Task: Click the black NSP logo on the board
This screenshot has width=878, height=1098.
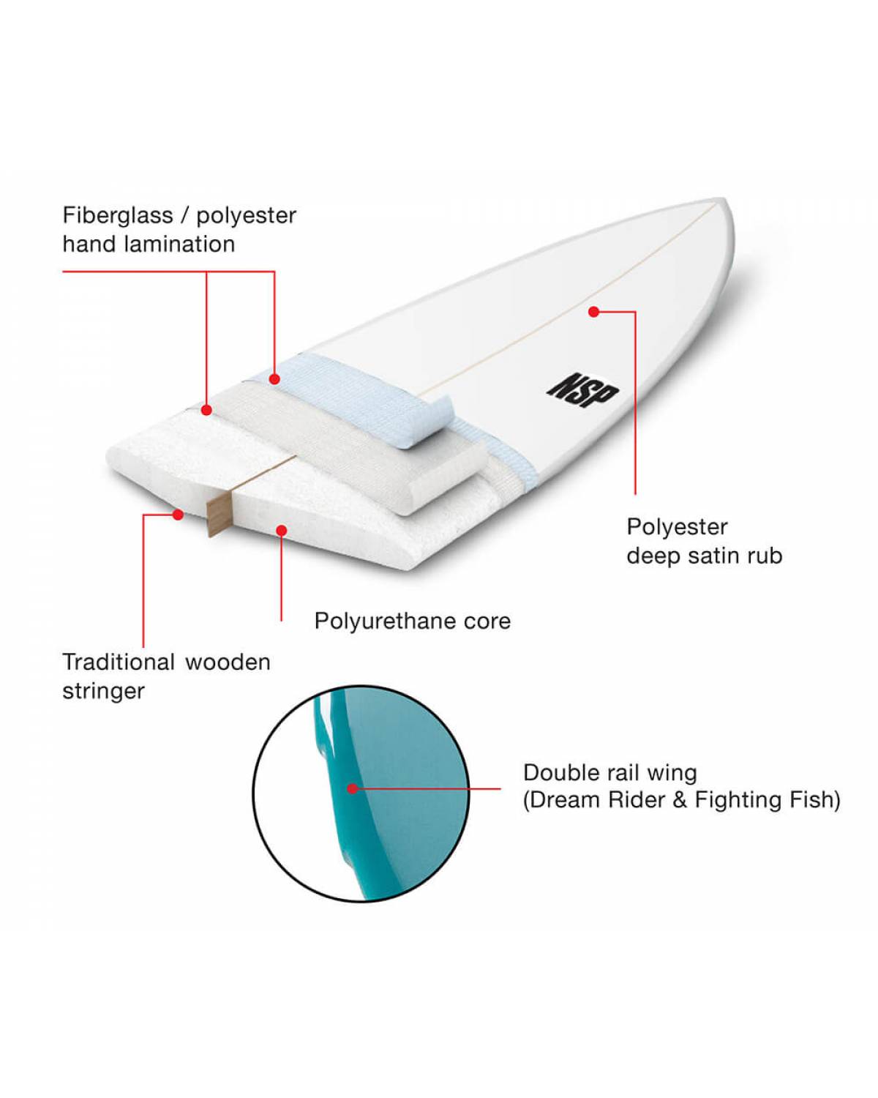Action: pyautogui.click(x=582, y=392)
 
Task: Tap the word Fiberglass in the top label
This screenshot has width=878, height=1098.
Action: pyautogui.click(x=118, y=215)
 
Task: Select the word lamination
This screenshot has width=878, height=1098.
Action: pyautogui.click(x=180, y=244)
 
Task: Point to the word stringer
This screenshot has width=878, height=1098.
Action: pyautogui.click(x=104, y=692)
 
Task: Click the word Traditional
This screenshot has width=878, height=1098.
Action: pyautogui.click(x=119, y=662)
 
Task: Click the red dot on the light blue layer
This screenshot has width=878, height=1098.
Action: pyautogui.click(x=274, y=379)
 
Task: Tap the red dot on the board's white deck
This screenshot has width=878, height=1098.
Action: pyautogui.click(x=593, y=311)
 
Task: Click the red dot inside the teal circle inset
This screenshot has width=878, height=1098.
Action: pyautogui.click(x=352, y=788)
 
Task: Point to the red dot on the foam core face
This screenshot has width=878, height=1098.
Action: pyautogui.click(x=281, y=531)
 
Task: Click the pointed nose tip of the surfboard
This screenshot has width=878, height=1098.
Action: pyautogui.click(x=727, y=200)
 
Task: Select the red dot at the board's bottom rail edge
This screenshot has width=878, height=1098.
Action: pyautogui.click(x=178, y=515)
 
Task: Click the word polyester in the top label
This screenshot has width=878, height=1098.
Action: pyautogui.click(x=247, y=217)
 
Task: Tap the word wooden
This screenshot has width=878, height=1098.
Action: pyautogui.click(x=228, y=662)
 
